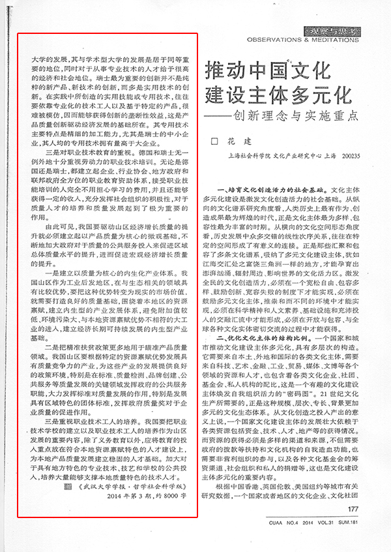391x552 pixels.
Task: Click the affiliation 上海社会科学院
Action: click(246, 157)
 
